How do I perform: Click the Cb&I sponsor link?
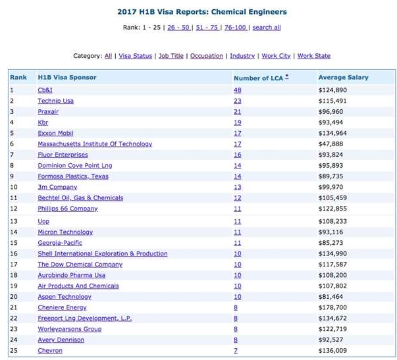[x=45, y=90]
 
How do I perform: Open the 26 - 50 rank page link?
[x=179, y=28]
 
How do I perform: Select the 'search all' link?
[x=267, y=28]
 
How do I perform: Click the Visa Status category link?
[x=136, y=56]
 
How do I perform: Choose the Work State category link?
[x=314, y=56]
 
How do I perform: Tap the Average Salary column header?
[x=343, y=77]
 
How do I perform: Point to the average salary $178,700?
[x=332, y=307]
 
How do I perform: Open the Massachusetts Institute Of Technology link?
[x=95, y=143]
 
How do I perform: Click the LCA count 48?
[x=238, y=90]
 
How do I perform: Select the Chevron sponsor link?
[x=50, y=351]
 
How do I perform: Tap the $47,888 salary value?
[x=331, y=143]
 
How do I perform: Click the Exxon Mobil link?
[x=55, y=133]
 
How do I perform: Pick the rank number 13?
[x=14, y=221]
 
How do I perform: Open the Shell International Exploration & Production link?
[x=103, y=253]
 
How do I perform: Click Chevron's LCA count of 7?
[x=236, y=351]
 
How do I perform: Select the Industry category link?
[x=242, y=56]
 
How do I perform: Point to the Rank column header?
[x=18, y=77]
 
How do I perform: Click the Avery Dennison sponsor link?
[x=61, y=340]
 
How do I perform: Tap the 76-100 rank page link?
[x=236, y=28]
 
